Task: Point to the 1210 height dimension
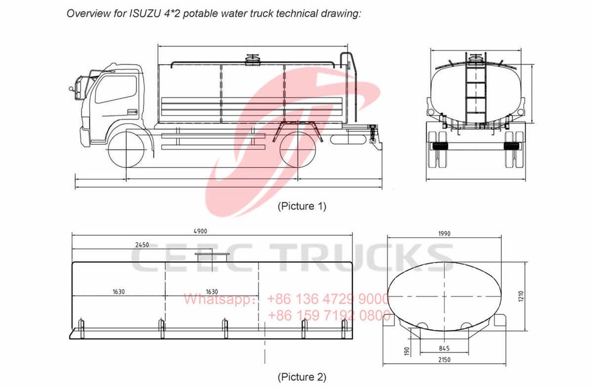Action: click(x=527, y=296)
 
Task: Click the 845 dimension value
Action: click(x=444, y=347)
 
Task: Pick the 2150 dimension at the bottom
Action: click(x=443, y=360)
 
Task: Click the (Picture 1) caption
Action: click(x=301, y=206)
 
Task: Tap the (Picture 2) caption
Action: click(x=301, y=377)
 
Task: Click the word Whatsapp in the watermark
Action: click(x=217, y=299)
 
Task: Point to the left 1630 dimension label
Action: click(x=118, y=292)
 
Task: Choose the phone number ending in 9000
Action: click(x=328, y=299)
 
